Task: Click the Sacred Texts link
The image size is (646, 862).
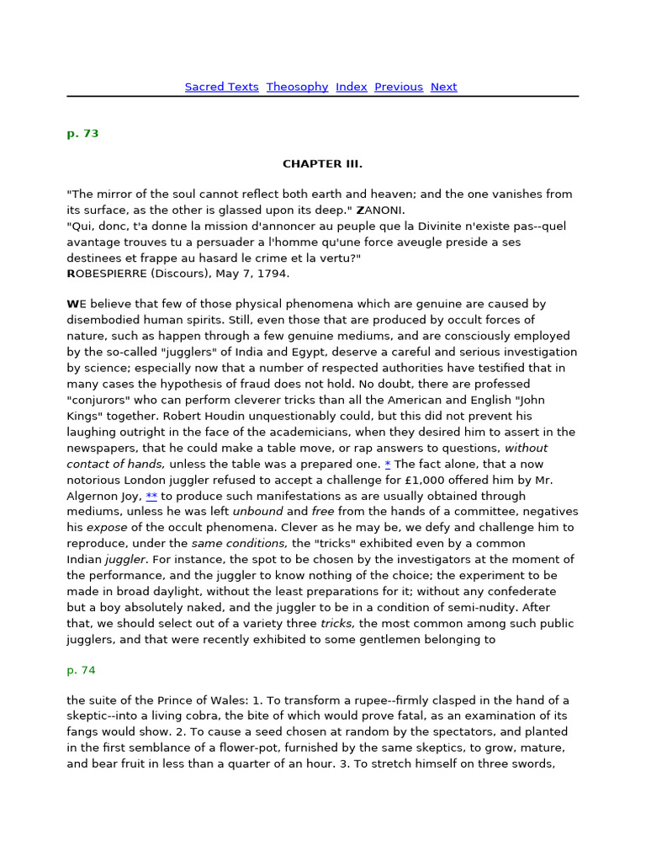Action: [x=221, y=87]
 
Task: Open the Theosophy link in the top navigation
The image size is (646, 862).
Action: [x=297, y=87]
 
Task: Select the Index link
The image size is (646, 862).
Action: [x=352, y=87]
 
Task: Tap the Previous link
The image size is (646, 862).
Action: [x=399, y=87]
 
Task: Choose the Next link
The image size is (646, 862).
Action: [x=443, y=87]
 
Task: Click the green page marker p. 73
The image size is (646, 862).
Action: [x=82, y=134]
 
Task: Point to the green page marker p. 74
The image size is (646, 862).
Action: [x=82, y=670]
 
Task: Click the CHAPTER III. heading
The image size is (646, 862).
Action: [x=322, y=164]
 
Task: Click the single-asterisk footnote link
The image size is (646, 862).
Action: [x=388, y=464]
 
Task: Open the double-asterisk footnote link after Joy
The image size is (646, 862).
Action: [x=151, y=496]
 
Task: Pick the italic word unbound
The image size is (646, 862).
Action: [x=258, y=511]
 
